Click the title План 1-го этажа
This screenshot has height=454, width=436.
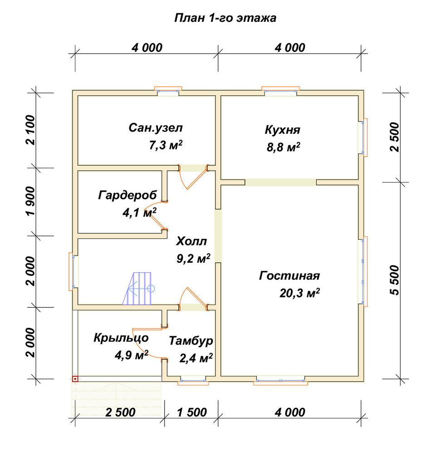[x=225, y=18]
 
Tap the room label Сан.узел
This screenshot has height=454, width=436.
[x=156, y=128]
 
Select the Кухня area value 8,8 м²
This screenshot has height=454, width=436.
[x=283, y=148]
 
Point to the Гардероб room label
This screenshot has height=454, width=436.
[x=127, y=195]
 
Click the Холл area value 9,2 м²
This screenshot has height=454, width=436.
[x=193, y=258]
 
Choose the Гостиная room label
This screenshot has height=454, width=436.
[x=289, y=276]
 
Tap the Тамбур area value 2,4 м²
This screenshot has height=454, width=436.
[x=196, y=358]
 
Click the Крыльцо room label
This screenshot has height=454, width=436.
[x=121, y=338]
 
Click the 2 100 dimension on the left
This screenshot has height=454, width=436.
[x=31, y=130]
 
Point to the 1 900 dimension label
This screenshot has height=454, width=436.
[x=31, y=201]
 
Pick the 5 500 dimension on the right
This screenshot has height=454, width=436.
[x=394, y=280]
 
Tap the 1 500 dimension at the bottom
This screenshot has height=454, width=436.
[x=192, y=412]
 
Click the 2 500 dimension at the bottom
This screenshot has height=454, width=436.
[x=120, y=412]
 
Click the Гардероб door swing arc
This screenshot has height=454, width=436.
[x=153, y=215]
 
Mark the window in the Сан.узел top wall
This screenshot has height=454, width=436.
[x=168, y=91]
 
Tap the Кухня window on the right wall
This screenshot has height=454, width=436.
[x=363, y=137]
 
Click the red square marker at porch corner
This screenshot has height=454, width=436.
[x=75, y=379]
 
